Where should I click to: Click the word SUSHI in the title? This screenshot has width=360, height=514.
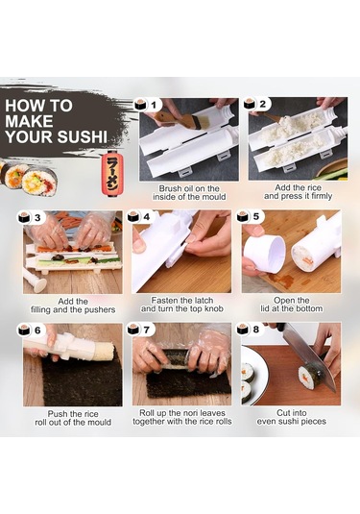(82, 136)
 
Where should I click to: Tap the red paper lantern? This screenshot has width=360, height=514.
(113, 172)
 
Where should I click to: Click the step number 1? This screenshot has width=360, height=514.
(154, 105)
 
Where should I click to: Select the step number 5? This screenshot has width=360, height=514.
(256, 216)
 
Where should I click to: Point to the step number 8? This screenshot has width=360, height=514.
(256, 330)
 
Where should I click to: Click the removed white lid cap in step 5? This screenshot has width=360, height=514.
(264, 253)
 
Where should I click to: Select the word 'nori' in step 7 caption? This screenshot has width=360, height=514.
(189, 413)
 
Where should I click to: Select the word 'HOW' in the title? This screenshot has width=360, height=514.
(21, 106)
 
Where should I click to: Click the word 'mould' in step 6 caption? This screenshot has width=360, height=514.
(98, 422)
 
